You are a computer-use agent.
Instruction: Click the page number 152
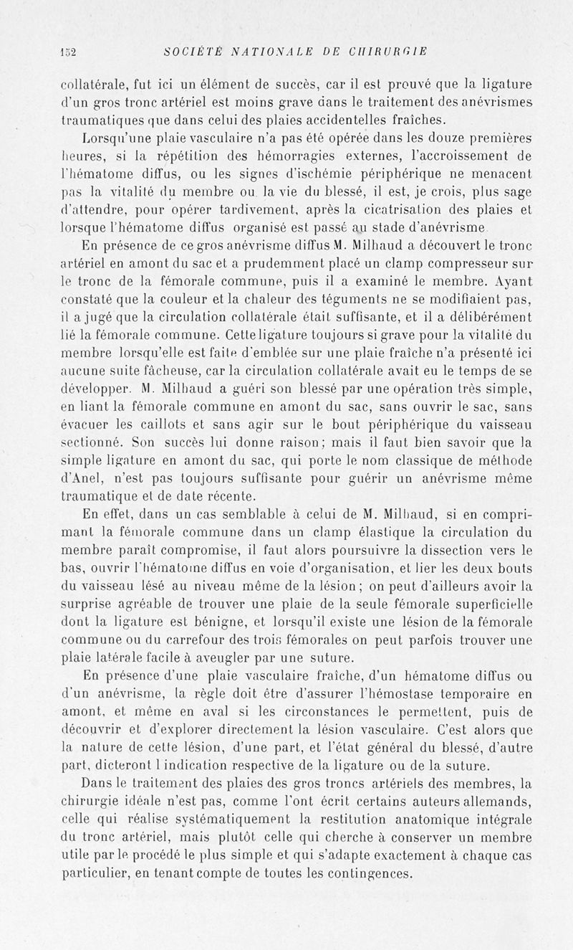[x=69, y=51]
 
